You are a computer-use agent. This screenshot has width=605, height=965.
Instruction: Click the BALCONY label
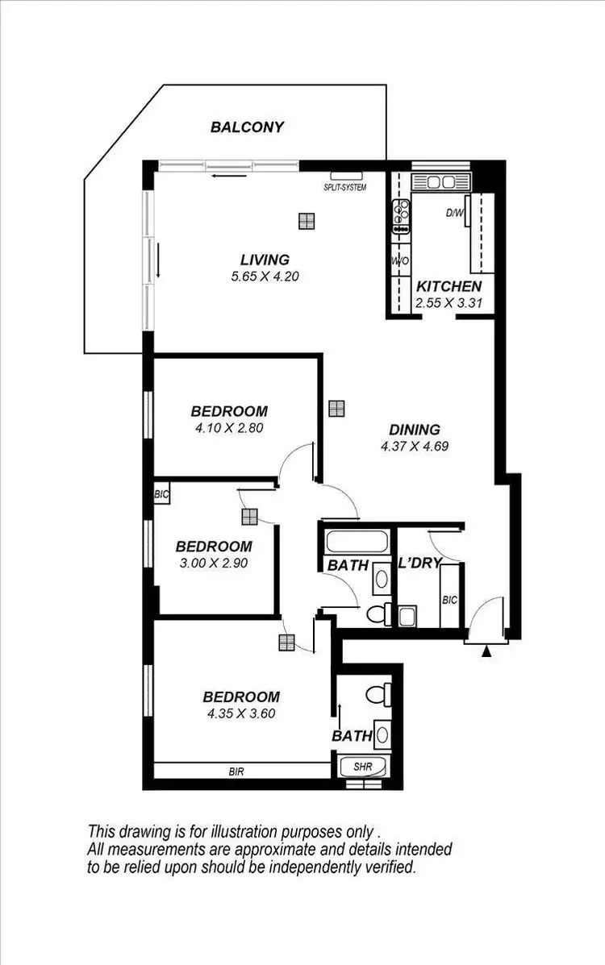[247, 127]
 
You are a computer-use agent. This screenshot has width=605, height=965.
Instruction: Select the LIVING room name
[265, 260]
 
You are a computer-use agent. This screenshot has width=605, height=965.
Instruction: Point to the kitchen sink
[440, 182]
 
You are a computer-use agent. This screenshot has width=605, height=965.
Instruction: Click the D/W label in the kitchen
[455, 214]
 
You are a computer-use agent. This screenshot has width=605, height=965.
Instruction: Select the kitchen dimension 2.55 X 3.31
[449, 304]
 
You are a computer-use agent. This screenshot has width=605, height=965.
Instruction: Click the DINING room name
[415, 430]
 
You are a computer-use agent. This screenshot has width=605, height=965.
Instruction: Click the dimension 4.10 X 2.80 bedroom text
[230, 428]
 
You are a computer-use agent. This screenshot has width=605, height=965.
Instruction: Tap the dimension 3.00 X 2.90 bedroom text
[213, 563]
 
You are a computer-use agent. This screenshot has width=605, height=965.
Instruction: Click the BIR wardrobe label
[236, 772]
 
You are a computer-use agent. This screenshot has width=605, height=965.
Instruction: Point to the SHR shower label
[362, 767]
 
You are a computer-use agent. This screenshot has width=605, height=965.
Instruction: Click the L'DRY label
[419, 564]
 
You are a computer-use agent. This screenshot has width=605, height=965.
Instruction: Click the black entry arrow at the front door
[486, 651]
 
